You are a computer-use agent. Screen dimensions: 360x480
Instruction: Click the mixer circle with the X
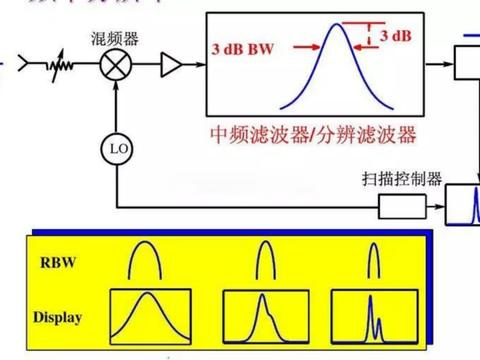(118, 67)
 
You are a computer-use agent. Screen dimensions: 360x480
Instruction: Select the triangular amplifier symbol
(174, 67)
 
